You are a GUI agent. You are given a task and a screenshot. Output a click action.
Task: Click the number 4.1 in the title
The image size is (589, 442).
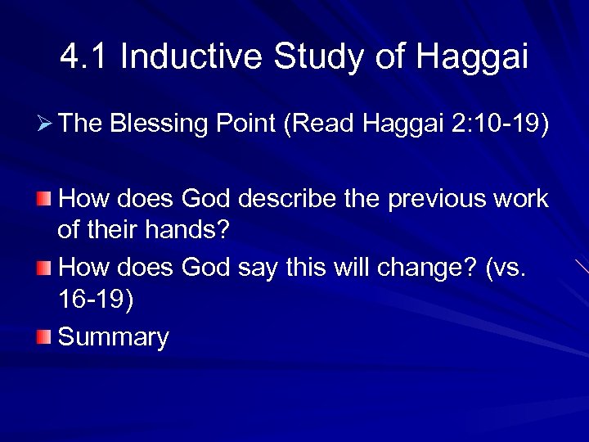84,57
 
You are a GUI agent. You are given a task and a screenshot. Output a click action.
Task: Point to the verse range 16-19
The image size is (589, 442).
95,299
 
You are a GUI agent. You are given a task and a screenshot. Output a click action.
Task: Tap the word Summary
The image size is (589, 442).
114,337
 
